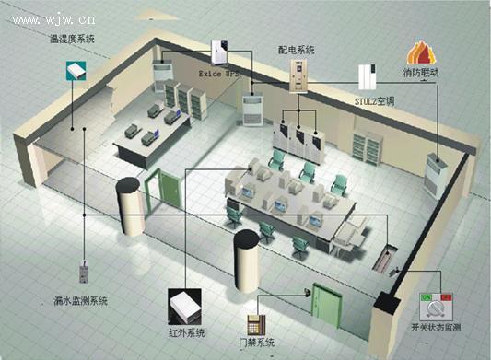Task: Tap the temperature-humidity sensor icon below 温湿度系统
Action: click(x=76, y=69)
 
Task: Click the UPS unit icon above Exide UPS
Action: click(x=222, y=47)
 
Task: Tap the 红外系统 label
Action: click(x=185, y=332)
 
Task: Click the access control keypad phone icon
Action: click(x=256, y=323)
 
